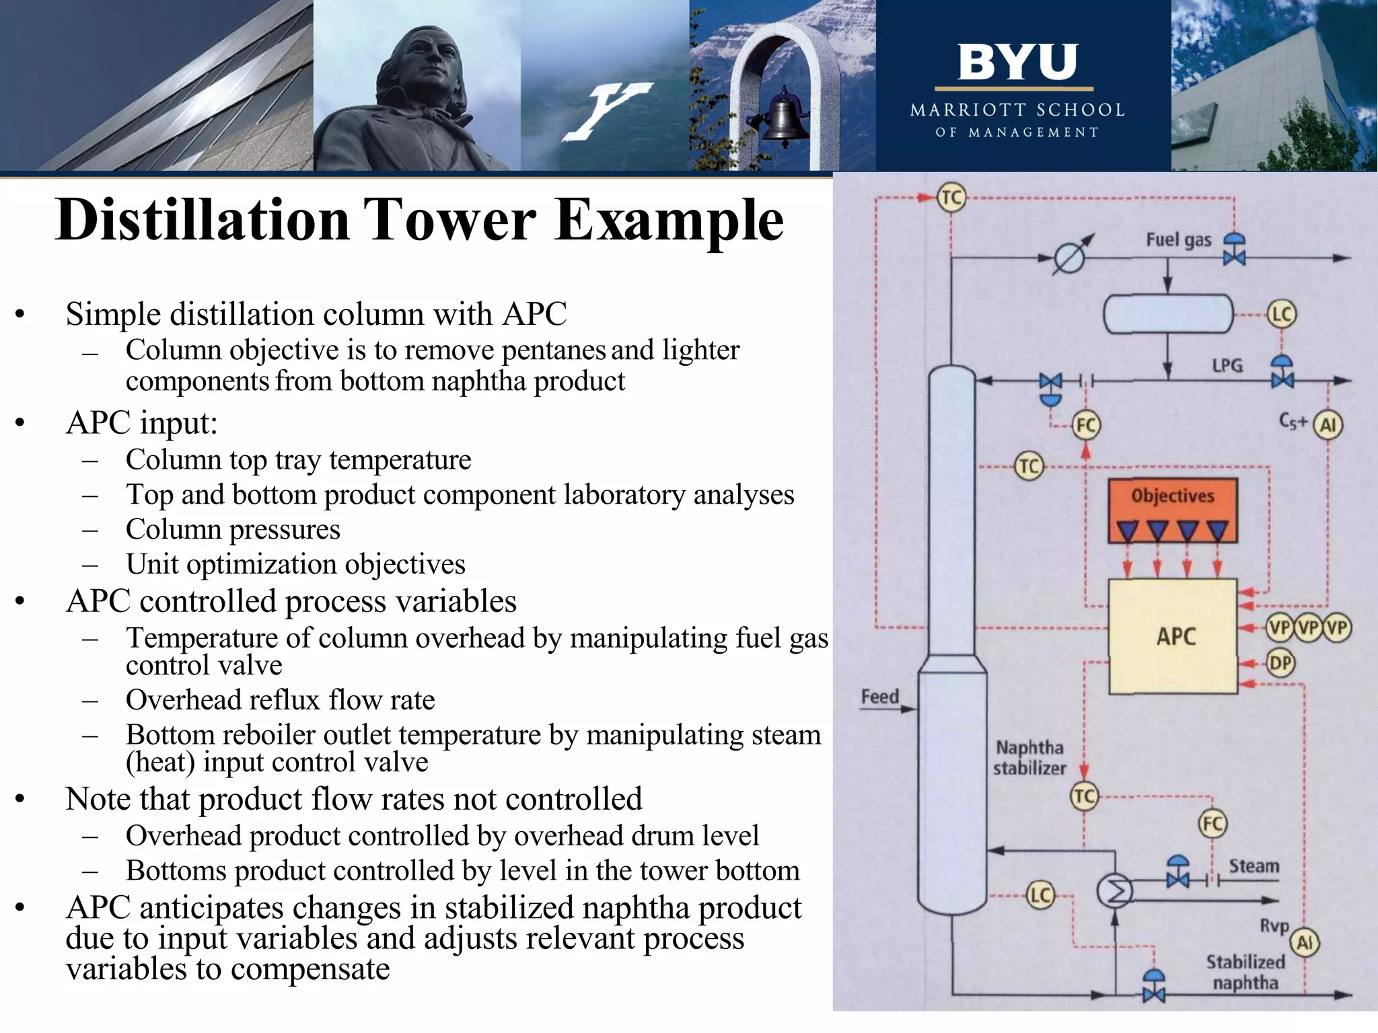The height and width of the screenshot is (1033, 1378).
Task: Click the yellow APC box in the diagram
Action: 1173,636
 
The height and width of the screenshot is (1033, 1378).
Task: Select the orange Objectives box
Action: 1173,510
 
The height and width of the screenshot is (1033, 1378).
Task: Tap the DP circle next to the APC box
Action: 1280,664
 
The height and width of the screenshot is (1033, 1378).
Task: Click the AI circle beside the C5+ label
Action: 1328,425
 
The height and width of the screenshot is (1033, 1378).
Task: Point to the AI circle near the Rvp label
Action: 1305,942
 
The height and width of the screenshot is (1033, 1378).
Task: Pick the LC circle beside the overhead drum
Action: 1281,315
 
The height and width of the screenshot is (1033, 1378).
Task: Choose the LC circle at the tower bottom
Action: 1040,895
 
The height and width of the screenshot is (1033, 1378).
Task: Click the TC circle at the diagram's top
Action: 951,198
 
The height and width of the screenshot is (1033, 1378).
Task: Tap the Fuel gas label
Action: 1178,240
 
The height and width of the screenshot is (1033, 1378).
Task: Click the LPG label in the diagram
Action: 1227,366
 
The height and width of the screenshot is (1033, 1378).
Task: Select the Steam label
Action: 1254,866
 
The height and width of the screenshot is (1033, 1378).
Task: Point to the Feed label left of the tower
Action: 879,697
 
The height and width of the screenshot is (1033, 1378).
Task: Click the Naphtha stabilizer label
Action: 1029,758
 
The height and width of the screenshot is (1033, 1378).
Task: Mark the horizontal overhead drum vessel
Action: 1168,315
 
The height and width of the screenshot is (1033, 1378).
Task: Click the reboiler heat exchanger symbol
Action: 1115,892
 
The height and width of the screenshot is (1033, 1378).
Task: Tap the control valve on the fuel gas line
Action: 1234,250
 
